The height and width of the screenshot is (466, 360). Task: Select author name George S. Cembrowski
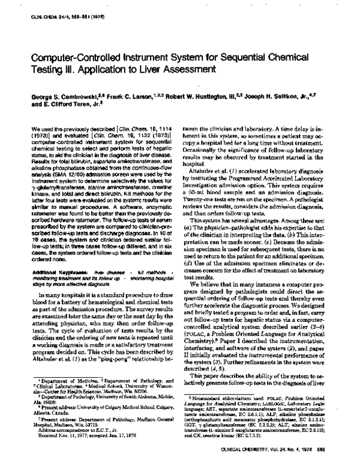coord(59,95)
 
